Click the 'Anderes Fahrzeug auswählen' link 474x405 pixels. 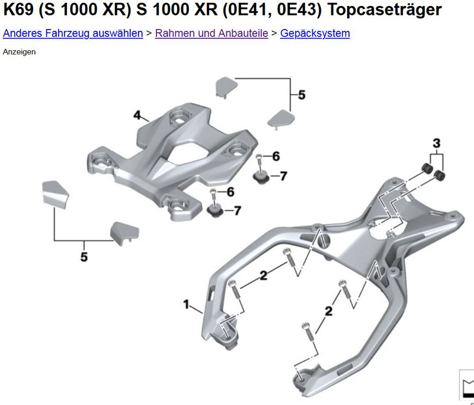pos(73,33)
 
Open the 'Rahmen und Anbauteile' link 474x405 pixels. pos(212,33)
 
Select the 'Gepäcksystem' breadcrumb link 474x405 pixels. pos(315,33)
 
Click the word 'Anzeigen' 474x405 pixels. pos(19,52)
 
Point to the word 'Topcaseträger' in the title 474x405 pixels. pos(385,10)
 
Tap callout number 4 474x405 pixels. pos(137,115)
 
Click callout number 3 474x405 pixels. pos(437,143)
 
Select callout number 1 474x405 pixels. pos(186,304)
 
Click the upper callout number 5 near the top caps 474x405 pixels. pos(302,95)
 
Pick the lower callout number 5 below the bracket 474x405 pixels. pos(84,257)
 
